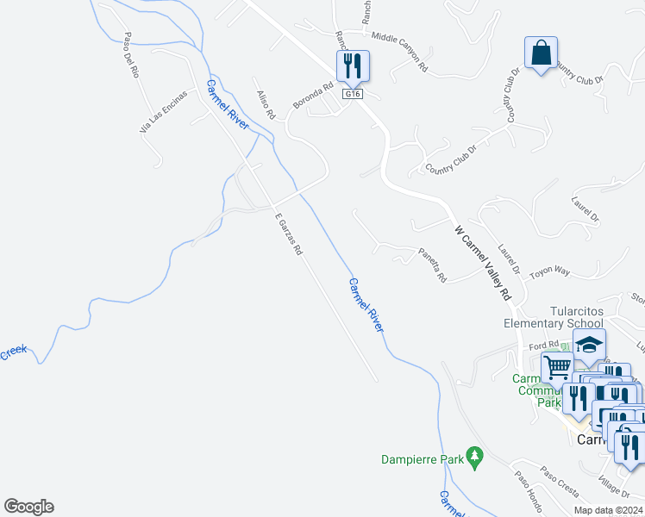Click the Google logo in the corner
tap(28, 507)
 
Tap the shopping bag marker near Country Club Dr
tap(541, 53)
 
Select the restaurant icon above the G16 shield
tap(352, 64)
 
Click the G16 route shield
tap(351, 94)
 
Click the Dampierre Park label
tap(422, 460)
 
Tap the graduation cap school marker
tap(589, 346)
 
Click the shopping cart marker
tap(557, 367)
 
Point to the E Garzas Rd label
tap(288, 234)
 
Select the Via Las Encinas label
tap(164, 112)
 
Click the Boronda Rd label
tap(312, 96)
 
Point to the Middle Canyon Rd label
tap(399, 52)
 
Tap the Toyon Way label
tap(549, 271)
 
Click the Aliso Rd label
tap(265, 103)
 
